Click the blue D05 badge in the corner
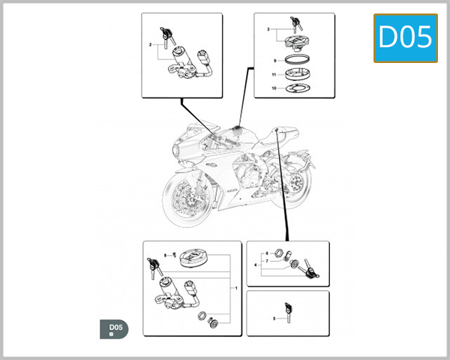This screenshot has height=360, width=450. click(x=405, y=37)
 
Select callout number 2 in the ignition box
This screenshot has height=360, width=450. click(x=150, y=46)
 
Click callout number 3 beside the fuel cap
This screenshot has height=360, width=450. click(x=268, y=29)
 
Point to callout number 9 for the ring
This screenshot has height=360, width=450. click(x=274, y=59)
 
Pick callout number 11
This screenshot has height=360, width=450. click(x=274, y=75)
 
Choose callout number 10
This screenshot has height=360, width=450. click(x=274, y=88)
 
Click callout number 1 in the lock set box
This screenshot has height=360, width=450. click(x=237, y=288)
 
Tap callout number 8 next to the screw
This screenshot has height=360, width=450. click(x=165, y=256)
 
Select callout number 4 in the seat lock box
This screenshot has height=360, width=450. click(x=256, y=265)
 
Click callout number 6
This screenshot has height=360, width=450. click(x=266, y=254)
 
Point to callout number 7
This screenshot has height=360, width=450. click(x=266, y=261)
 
